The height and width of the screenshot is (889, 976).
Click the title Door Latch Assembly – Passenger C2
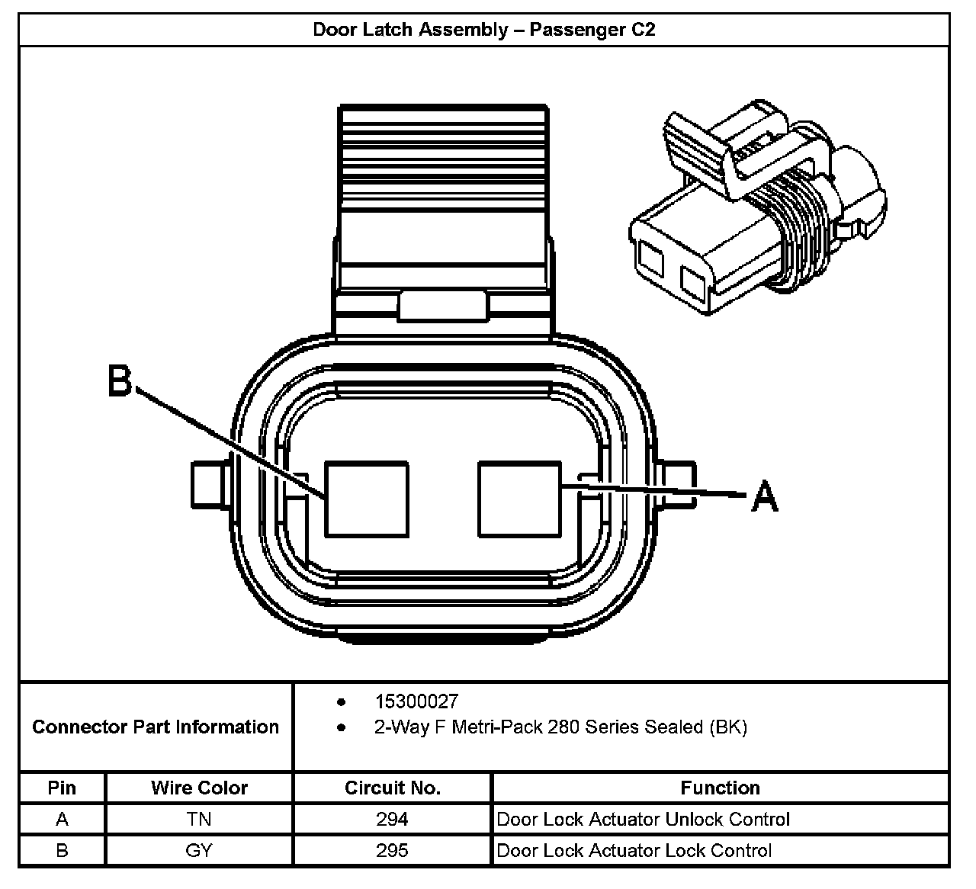484,30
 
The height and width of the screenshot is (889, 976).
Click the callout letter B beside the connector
120,380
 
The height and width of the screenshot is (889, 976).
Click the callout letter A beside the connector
765,496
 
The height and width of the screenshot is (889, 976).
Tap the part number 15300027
416,701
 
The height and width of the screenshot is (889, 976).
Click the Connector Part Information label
156,727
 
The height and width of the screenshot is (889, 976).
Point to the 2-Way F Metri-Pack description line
560,727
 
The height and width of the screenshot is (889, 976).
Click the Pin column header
62,788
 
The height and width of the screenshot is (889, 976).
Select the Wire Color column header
199,788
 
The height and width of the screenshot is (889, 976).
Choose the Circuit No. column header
392,788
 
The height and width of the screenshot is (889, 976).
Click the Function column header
720,788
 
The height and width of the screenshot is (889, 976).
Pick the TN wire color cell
199,819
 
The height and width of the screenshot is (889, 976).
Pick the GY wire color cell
199,850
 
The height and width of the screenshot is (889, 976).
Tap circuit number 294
392,819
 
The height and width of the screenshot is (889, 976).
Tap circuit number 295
392,850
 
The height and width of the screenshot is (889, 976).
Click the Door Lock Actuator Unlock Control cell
643,819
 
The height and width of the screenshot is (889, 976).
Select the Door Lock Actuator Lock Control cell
634,850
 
